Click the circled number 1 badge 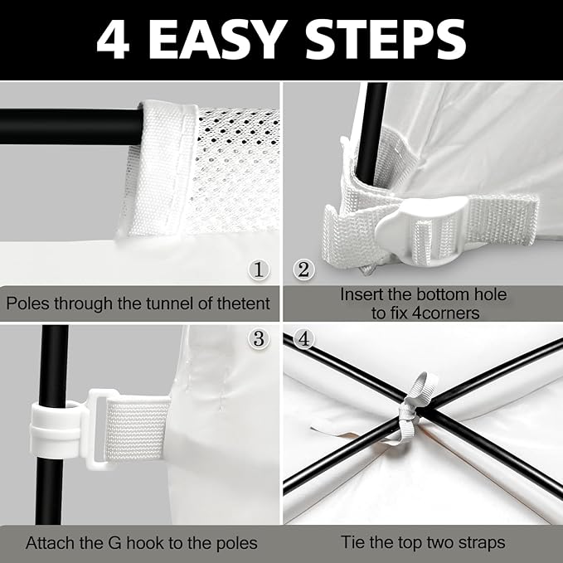point(259,269)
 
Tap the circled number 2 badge point(303,269)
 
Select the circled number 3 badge point(259,338)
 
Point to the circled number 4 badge point(303,338)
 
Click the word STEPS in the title point(386,40)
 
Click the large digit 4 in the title point(113,40)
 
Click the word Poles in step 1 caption point(27,303)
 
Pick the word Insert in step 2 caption point(362,295)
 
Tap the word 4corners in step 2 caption point(445,313)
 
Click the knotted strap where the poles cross point(415,410)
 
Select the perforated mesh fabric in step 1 point(235,169)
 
